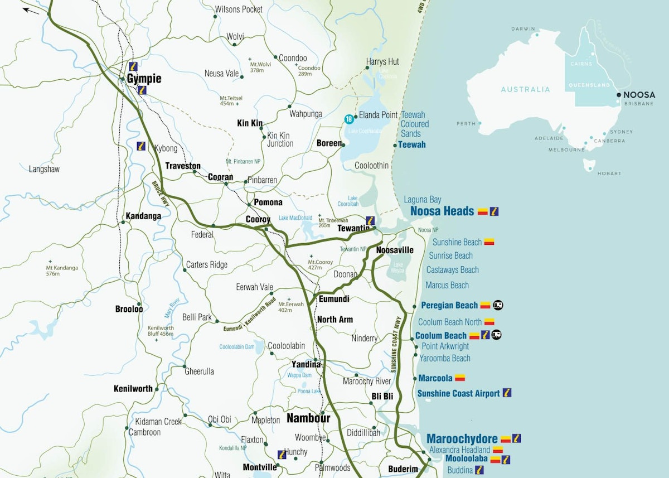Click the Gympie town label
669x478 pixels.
point(144,79)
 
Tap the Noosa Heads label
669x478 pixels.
point(442,211)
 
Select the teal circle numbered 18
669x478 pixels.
point(349,119)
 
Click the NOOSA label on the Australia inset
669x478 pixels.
point(639,95)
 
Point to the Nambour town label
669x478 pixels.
point(308,418)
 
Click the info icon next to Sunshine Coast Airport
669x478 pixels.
point(507,393)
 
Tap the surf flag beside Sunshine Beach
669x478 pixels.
point(489,242)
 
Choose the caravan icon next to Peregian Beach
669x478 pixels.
point(498,305)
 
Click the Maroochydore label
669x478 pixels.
point(462,439)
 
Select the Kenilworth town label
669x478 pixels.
point(133,389)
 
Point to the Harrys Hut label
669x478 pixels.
point(382,62)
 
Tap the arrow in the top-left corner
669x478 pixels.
point(31,9)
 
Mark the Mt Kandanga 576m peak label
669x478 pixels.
point(61,271)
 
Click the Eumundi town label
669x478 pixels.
point(333,299)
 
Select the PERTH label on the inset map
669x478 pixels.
point(466,124)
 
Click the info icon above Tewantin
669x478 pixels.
point(370,220)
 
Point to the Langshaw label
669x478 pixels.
point(44,169)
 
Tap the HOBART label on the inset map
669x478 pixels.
point(609,173)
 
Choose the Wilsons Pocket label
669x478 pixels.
point(239,9)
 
